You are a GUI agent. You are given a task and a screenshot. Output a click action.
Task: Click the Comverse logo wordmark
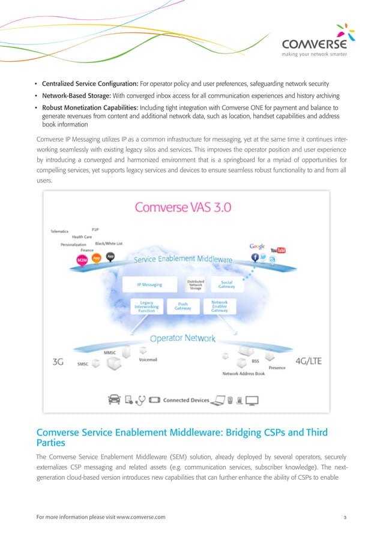314,46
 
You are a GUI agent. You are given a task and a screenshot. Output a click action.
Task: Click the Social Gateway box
226,284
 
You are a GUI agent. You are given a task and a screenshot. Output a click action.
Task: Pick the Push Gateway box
182,305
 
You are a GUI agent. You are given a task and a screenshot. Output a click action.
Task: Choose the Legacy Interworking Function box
146,306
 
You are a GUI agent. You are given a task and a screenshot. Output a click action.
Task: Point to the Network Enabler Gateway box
219,306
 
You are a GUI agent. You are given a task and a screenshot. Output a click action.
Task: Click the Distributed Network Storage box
196,284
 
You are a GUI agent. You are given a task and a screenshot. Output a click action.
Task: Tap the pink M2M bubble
83,259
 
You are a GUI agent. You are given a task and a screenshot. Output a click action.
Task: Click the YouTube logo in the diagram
277,250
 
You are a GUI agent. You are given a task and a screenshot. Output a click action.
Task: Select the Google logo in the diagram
258,247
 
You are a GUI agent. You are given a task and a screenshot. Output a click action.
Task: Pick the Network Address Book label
243,373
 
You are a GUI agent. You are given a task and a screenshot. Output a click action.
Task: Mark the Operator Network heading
182,338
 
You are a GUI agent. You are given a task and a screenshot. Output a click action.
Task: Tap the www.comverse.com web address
136,516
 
